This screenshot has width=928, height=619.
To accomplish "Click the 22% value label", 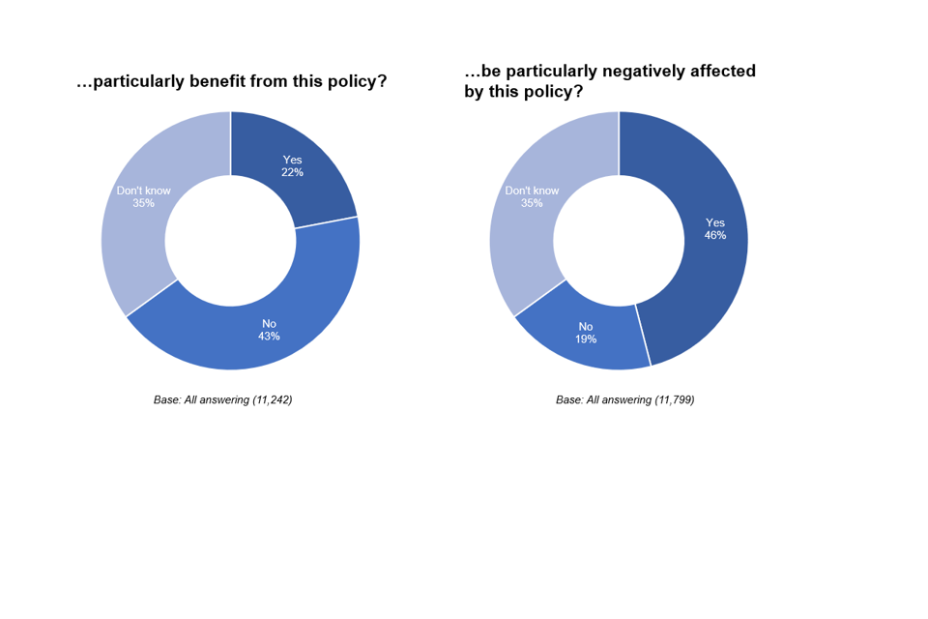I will coord(293,173).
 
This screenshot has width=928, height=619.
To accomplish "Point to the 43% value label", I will coord(269,337).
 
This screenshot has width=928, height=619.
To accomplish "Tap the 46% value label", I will coord(714,235).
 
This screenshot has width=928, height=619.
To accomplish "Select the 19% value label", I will coord(586,339).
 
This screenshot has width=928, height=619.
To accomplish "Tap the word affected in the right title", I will coord(722,72).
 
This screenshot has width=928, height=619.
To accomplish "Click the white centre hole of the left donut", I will coord(230,241).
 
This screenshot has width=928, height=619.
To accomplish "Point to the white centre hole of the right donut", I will coord(619,241).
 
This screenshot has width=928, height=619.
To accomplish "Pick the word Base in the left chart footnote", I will coord(166,399).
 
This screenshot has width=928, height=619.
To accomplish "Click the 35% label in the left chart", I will coord(143,204).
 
